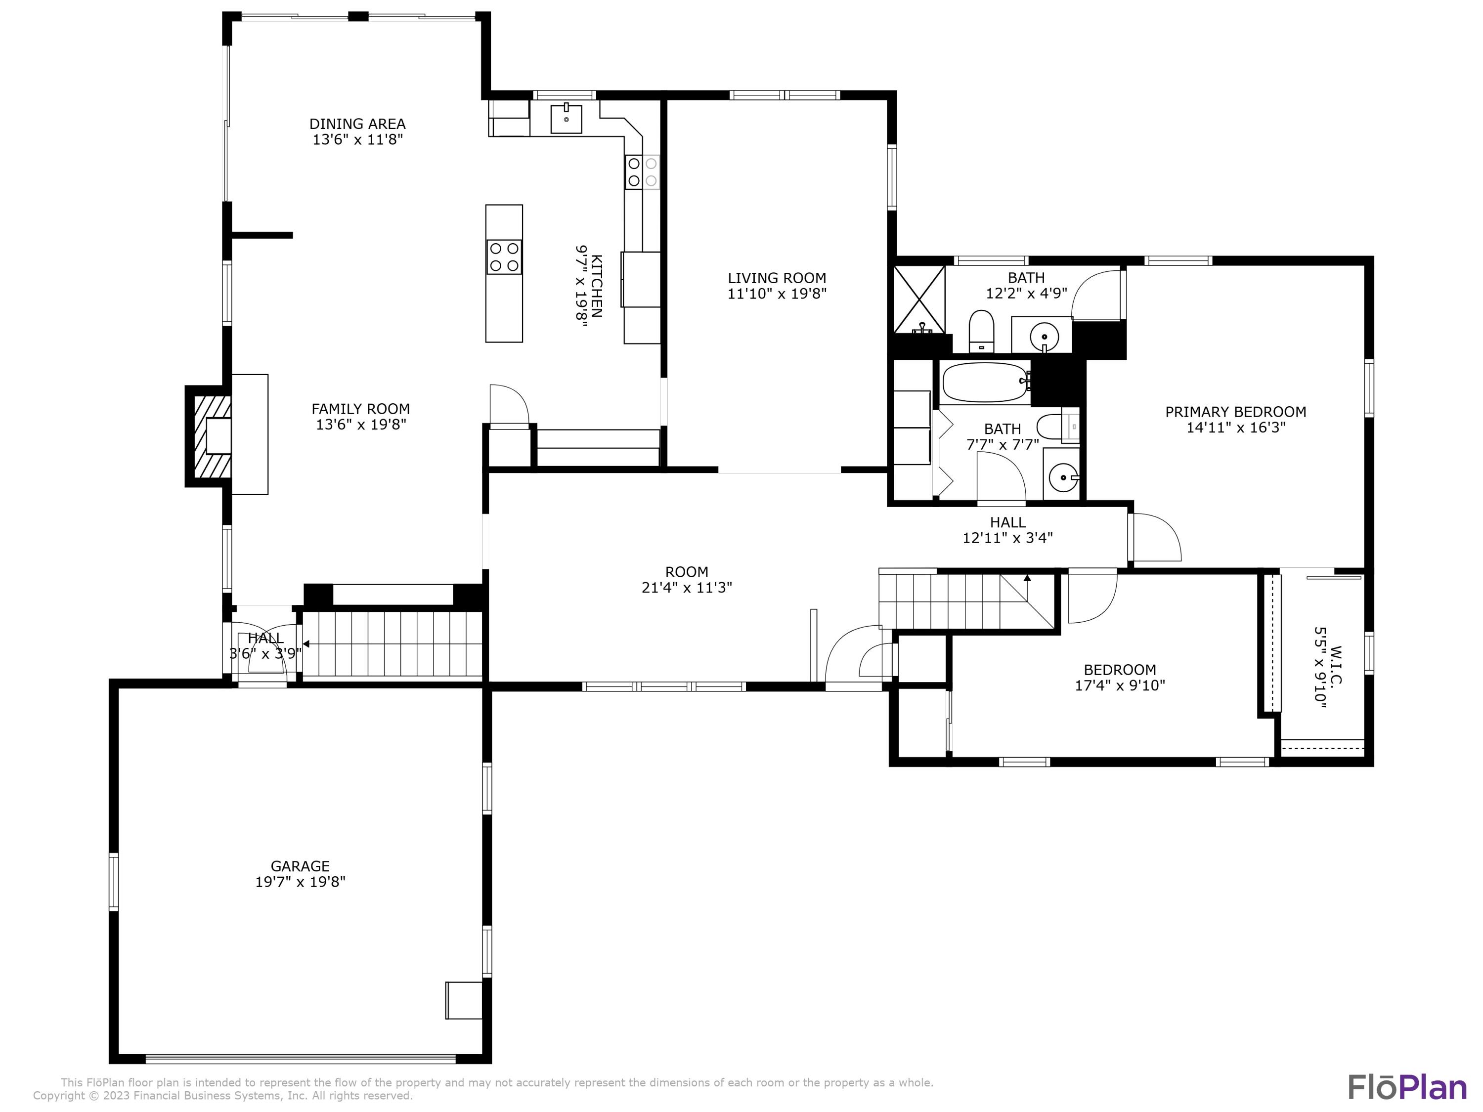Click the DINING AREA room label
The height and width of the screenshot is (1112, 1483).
coord(357,124)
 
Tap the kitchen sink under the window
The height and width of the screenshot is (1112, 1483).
coord(566,119)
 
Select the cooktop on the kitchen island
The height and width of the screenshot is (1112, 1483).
coord(504,257)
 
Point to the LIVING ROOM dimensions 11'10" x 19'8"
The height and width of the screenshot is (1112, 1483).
coord(777,294)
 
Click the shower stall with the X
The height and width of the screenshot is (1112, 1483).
coord(919,299)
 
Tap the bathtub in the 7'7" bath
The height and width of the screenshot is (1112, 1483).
coord(984,383)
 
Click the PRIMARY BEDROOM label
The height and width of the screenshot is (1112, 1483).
coord(1235,412)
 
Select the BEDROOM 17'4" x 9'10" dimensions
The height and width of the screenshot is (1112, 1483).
coord(1120,685)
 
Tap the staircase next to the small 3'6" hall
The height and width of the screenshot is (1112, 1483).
coord(392,643)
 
